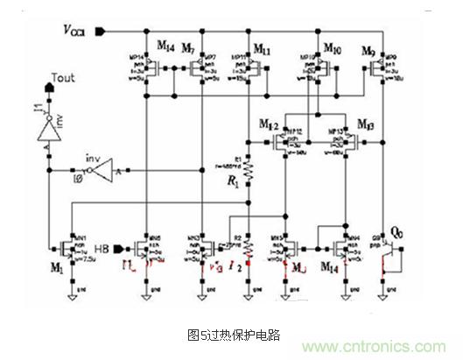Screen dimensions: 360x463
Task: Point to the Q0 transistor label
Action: click(x=400, y=232)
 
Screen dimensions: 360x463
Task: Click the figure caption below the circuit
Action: click(x=230, y=334)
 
